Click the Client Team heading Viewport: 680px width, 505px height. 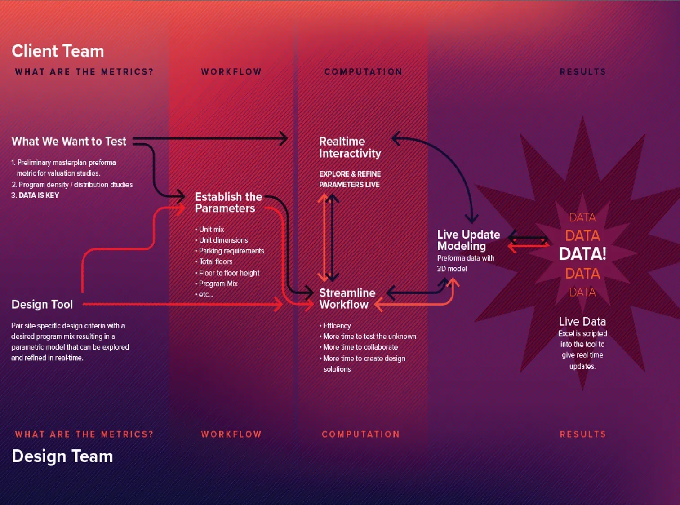click(x=58, y=51)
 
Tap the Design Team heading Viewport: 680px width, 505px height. click(x=62, y=456)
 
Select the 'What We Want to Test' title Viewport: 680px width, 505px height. click(x=69, y=142)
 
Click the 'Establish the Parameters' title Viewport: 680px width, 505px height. click(x=228, y=202)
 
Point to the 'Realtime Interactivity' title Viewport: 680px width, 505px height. click(x=350, y=147)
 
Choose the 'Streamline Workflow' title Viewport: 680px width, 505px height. click(x=347, y=299)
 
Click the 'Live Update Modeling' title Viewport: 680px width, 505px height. click(x=468, y=240)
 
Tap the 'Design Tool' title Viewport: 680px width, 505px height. click(x=42, y=305)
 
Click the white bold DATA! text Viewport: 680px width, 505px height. click(x=582, y=254)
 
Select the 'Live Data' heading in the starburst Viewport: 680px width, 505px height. click(x=582, y=321)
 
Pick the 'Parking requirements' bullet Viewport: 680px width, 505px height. click(x=230, y=251)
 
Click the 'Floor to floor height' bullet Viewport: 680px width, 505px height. click(x=227, y=273)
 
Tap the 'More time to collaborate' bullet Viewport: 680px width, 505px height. click(x=358, y=347)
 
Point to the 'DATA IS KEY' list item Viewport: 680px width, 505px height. click(x=35, y=195)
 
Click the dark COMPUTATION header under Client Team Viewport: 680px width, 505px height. click(x=363, y=72)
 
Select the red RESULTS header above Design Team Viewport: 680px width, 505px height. click(x=583, y=434)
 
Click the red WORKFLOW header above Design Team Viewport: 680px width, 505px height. click(x=231, y=434)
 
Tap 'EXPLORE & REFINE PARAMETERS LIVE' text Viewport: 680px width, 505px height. click(x=350, y=179)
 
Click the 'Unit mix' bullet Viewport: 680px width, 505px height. click(x=209, y=229)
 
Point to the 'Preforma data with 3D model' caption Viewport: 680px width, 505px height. click(x=466, y=263)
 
